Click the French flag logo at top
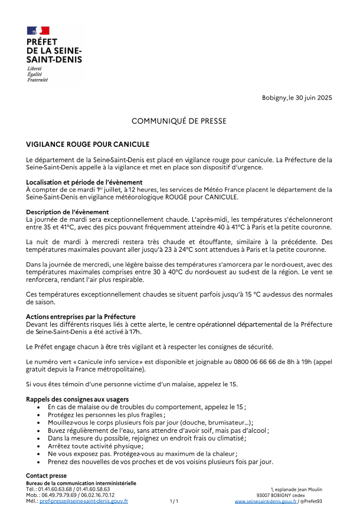(38, 30)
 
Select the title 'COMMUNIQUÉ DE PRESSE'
(179, 121)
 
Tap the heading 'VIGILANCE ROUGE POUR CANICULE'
(87, 144)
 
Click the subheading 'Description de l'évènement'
(67, 212)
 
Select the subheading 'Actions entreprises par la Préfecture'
(81, 317)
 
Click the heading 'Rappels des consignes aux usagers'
(77, 399)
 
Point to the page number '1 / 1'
(174, 501)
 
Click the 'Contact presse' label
(46, 476)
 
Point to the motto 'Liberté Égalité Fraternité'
(37, 74)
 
